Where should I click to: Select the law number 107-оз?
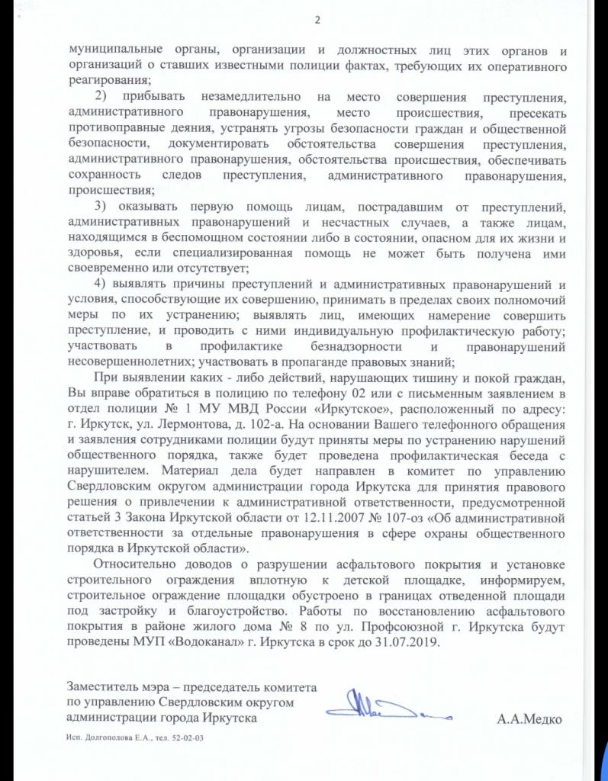[x=413, y=520]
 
